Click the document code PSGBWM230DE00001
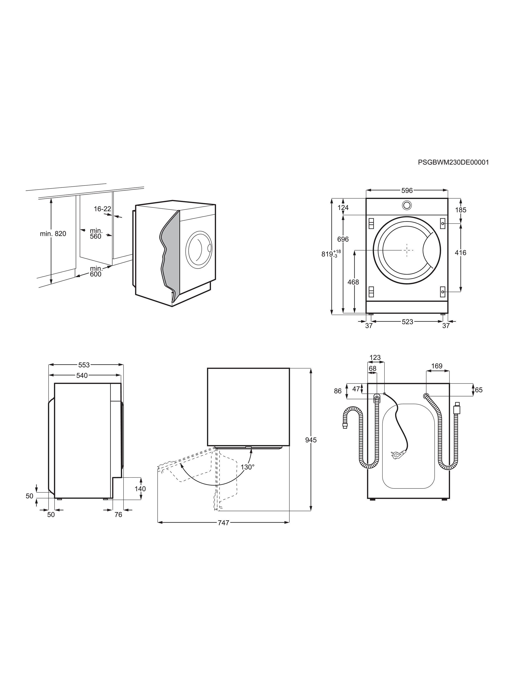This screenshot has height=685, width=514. click(x=453, y=162)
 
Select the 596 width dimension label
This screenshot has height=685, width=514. click(x=407, y=190)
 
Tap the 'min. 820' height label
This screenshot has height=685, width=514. click(x=53, y=234)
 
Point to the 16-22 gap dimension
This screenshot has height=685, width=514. click(x=103, y=209)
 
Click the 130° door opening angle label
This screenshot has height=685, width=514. click(x=248, y=467)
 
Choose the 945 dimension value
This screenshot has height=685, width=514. click(x=311, y=440)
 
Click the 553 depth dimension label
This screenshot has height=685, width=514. click(x=84, y=365)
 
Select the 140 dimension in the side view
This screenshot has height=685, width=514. click(x=140, y=489)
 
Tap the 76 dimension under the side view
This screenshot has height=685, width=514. click(x=118, y=514)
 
